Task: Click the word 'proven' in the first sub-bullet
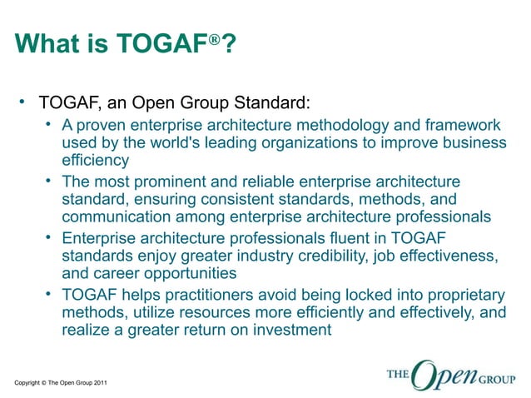click(x=105, y=125)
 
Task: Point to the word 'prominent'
click(x=174, y=182)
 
